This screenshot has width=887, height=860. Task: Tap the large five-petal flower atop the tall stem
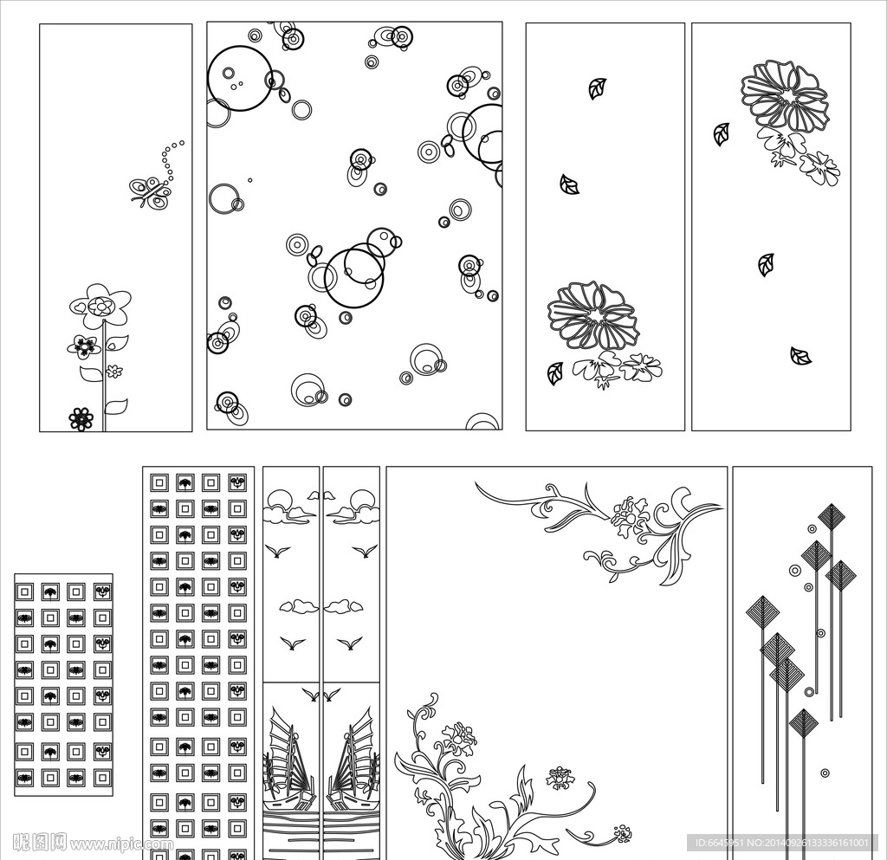(100, 306)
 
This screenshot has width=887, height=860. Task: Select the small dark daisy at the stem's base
(81, 419)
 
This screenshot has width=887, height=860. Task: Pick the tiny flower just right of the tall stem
(114, 372)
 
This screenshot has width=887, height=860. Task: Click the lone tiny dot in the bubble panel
(250, 180)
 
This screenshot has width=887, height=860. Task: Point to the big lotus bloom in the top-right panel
(785, 95)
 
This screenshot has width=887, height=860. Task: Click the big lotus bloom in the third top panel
(592, 316)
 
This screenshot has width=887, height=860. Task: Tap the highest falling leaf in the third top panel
(598, 88)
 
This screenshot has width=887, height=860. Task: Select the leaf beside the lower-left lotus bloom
(555, 374)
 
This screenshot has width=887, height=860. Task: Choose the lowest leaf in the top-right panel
(800, 356)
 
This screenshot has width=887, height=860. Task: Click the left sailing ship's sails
(291, 747)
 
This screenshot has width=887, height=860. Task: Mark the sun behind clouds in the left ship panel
(278, 500)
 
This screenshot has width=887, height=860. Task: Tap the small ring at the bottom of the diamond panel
(825, 773)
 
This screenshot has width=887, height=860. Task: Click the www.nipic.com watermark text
(120, 844)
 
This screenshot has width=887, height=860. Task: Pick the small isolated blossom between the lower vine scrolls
(559, 778)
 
